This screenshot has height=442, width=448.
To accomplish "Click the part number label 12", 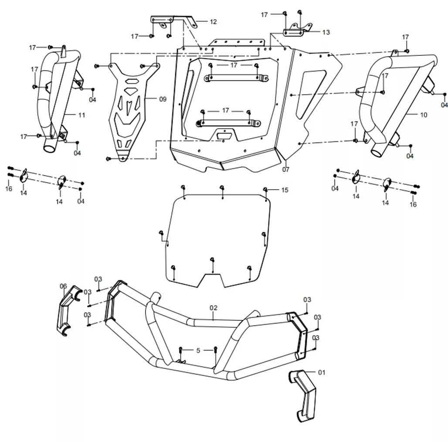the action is click(213, 22).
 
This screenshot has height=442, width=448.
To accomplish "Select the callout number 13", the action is click(326, 32).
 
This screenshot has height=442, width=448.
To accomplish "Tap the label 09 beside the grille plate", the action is click(163, 99).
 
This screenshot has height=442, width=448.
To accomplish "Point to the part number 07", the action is click(286, 170).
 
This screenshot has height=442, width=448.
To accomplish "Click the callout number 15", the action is click(285, 190).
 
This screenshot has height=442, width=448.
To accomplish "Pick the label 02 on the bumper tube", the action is click(214, 308).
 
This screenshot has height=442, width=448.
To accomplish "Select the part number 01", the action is click(322, 372).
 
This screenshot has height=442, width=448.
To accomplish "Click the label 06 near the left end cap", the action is click(63, 286).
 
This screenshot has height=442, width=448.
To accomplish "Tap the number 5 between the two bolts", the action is click(198, 350).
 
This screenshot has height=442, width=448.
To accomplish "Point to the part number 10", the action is click(424, 115).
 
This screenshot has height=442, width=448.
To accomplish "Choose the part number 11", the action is click(82, 115).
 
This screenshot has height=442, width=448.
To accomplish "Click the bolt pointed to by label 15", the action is click(265, 190).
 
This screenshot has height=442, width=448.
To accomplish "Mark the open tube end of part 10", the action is click(378, 152).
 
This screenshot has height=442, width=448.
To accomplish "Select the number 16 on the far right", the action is click(413, 204).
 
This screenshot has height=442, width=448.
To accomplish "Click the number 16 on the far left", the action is click(9, 189).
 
